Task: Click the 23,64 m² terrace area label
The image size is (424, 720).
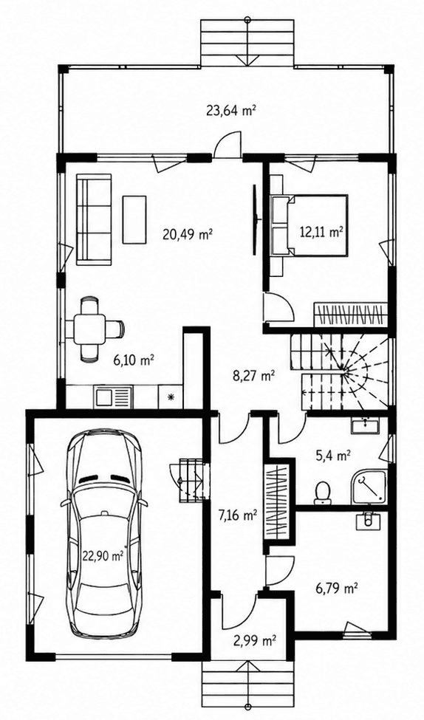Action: point(230,111)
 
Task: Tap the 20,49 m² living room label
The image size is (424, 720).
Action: point(187,234)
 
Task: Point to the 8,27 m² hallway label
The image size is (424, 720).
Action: point(254,377)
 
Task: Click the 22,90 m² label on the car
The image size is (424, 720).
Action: point(103,556)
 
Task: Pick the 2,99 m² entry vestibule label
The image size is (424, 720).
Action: point(255,640)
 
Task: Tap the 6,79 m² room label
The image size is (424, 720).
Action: point(337,589)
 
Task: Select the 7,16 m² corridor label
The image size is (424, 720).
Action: point(236,515)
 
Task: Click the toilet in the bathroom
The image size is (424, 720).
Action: point(322,491)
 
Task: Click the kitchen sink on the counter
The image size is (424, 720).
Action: point(113,397)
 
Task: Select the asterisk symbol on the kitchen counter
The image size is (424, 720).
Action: point(171,397)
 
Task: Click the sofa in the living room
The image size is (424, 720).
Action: point(94,219)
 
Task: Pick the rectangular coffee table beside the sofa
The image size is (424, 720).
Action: point(134,220)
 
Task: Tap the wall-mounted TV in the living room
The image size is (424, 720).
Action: point(255,219)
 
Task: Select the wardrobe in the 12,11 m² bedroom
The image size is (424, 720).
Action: point(350,315)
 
